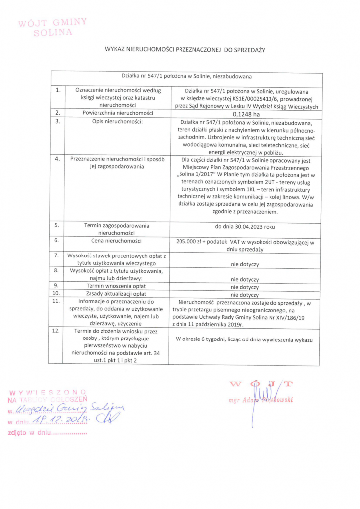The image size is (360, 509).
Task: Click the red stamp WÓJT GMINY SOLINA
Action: tap(52, 27)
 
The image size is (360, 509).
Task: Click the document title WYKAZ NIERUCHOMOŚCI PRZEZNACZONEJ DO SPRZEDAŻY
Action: tap(185, 50)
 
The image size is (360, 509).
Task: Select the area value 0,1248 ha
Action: tap(246, 114)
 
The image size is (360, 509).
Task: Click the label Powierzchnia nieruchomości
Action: tap(118, 113)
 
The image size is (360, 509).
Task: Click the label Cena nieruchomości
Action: tap(118, 240)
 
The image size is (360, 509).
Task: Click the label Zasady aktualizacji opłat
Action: tap(118, 294)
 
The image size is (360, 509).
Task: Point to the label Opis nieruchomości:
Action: tap(118, 121)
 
